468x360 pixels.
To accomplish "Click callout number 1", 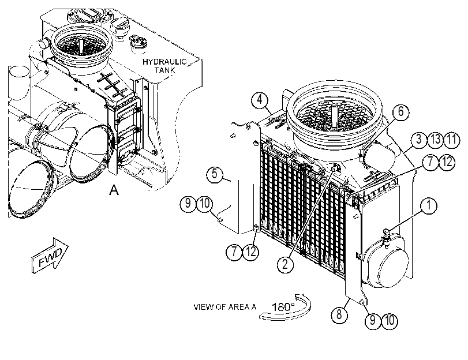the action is click(429, 205).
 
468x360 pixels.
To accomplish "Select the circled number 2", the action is click(285, 264).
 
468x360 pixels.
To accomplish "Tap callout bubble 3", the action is click(419, 139).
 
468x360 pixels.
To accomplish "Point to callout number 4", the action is click(260, 100).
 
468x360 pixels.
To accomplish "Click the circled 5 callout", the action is click(215, 174).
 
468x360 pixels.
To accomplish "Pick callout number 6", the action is click(401, 112).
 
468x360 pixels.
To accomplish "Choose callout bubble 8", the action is click(339, 314).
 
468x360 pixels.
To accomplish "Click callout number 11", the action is click(452, 139).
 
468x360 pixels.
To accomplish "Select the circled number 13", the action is click(435, 139).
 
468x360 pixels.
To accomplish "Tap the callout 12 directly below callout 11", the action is click(447, 162).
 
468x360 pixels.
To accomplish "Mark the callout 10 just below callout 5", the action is click(205, 204).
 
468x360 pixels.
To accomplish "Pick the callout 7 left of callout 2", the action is click(234, 252).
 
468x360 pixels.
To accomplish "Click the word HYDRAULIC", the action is click(164, 62).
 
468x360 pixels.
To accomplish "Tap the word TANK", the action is click(165, 70).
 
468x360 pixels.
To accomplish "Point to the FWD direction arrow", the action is click(50, 256).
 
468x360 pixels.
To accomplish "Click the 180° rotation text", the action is click(283, 306).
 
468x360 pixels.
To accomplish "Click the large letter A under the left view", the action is click(114, 190).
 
